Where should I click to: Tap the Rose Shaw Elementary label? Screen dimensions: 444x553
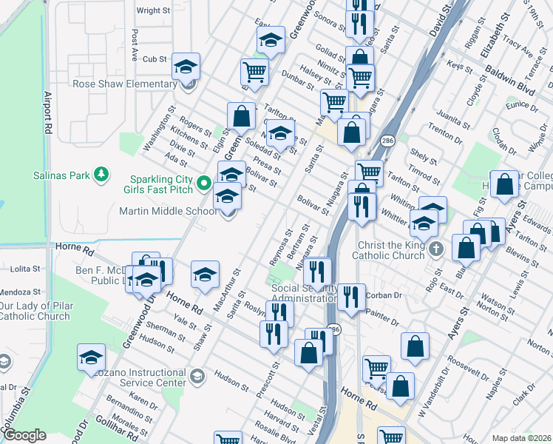coord(124,84)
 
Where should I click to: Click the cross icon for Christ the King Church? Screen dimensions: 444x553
coord(436,249)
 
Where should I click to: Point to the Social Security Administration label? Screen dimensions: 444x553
coord(304,293)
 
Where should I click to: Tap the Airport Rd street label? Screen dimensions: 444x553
coord(48,112)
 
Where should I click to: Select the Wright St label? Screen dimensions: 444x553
coord(153,11)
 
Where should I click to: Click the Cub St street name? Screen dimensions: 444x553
coord(155,59)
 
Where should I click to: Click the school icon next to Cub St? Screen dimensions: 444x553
coord(186,67)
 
